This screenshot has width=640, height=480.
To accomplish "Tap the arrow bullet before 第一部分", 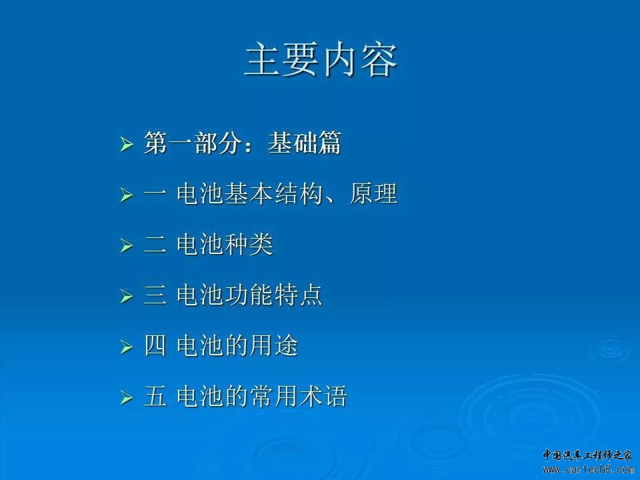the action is click(127, 145).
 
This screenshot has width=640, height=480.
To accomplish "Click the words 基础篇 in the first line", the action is click(304, 143).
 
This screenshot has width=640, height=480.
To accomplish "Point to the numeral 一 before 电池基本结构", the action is click(155, 194).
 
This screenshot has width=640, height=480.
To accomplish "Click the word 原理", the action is click(373, 193).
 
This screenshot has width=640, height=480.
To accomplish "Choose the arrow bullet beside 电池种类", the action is click(127, 246).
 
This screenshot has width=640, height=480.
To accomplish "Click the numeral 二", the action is click(155, 245).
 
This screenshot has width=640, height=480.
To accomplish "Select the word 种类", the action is click(249, 244).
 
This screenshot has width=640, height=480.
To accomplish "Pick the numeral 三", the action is click(155, 295).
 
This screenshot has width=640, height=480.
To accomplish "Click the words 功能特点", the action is click(274, 295).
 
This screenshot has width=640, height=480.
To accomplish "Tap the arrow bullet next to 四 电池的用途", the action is click(127, 347).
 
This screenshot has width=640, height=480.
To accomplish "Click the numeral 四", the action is click(155, 346).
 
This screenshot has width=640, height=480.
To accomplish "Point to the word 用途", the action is click(274, 345).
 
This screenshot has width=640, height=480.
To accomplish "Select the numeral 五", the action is click(155, 396).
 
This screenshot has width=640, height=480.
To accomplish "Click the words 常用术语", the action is click(299, 396).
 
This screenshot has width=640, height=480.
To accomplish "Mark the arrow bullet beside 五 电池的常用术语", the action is click(127, 397).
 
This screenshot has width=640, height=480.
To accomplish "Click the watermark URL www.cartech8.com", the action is click(588, 469).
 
